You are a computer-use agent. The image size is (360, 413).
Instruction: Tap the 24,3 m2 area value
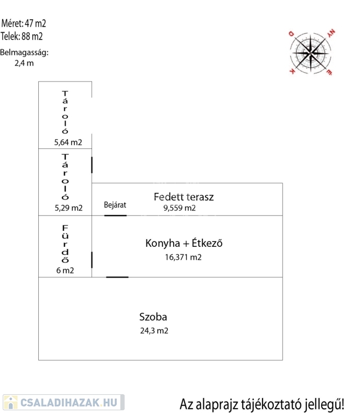coord(154,331)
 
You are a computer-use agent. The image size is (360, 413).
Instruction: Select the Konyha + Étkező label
coord(183,243)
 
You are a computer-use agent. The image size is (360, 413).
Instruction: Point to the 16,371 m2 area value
coord(183,258)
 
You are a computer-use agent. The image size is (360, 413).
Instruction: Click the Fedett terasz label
coord(183,197)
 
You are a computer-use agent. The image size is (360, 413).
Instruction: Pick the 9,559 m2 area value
coord(180,208)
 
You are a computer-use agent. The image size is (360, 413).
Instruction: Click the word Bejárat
coord(115,205)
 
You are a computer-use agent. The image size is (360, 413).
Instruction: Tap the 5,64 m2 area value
coord(68,143)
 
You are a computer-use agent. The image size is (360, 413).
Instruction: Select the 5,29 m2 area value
coord(68,208)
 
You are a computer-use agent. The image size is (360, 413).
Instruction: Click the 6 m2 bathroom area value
coord(65,270)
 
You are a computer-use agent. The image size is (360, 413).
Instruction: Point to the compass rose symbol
coord(312,52)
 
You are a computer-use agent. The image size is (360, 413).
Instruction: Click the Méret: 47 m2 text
coord(24,23)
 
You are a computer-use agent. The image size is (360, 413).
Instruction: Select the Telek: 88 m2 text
coord(22,37)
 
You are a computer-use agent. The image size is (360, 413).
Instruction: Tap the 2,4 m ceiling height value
coord(24,63)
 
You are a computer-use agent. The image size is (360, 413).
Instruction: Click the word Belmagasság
coord(24,53)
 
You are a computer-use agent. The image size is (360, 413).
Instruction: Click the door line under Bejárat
coord(115,216)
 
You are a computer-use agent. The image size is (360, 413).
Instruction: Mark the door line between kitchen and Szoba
coord(117,277)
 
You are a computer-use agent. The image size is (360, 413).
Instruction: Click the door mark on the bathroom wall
coord(92,260)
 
